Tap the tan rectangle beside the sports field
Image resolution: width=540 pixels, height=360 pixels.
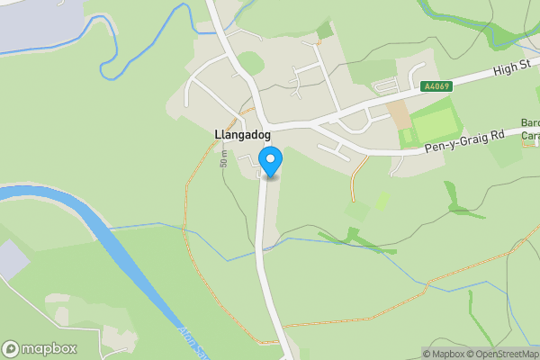(x=397, y=114)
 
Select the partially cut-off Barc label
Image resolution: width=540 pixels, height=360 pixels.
(x=530, y=123)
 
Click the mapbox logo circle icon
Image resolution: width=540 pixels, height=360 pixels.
(x=11, y=349)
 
